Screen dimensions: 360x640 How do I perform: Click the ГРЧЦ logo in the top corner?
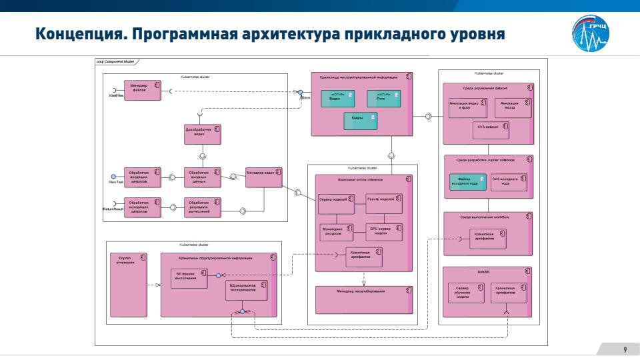[x=591, y=35]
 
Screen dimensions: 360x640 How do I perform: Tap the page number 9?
[x=625, y=350]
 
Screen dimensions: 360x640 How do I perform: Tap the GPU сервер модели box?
[x=384, y=231]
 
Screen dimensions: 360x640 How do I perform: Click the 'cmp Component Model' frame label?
[x=116, y=61]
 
